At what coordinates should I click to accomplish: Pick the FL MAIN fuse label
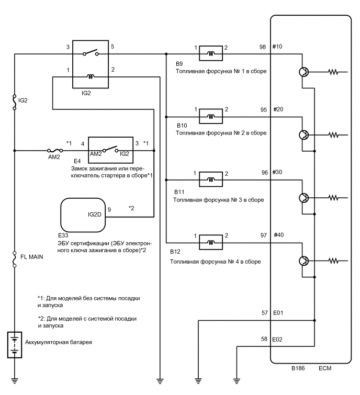(x=32, y=257)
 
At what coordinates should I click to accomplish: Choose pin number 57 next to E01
(x=264, y=313)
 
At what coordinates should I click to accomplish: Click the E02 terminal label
(x=278, y=339)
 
